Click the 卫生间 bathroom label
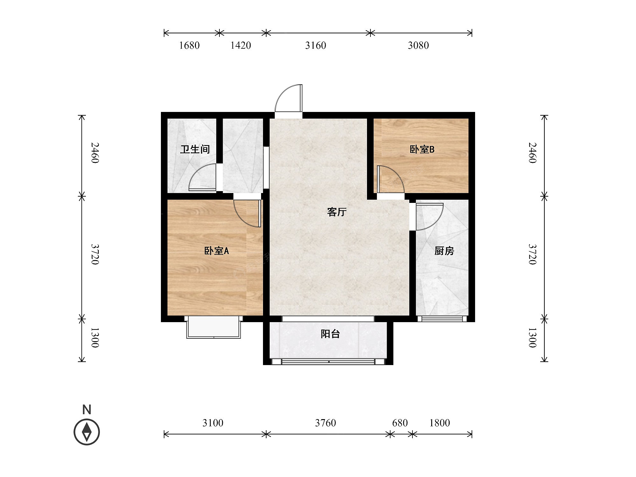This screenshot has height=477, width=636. pyautogui.click(x=195, y=149)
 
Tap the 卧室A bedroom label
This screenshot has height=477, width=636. pyautogui.click(x=217, y=251)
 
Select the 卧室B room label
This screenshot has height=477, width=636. pyautogui.click(x=422, y=149)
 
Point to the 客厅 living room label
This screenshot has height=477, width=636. pyautogui.click(x=337, y=212)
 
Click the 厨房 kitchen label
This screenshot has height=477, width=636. pyautogui.click(x=444, y=251)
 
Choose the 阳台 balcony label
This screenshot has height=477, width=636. pyautogui.click(x=330, y=334)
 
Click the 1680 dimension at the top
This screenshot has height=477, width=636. pyautogui.click(x=189, y=45)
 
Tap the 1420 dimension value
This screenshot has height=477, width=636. pyautogui.click(x=240, y=45)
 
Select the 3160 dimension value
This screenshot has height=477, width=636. pyautogui.click(x=315, y=45)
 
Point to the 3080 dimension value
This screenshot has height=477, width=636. pyautogui.click(x=418, y=45)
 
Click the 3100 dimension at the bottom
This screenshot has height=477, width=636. pyautogui.click(x=213, y=423)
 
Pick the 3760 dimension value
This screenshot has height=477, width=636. pyautogui.click(x=325, y=423)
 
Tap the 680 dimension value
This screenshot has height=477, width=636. pyautogui.click(x=400, y=423)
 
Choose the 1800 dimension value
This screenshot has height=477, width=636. pyautogui.click(x=439, y=423)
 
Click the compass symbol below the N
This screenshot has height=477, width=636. pyautogui.click(x=87, y=432)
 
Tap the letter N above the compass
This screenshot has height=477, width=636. pyautogui.click(x=87, y=410)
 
